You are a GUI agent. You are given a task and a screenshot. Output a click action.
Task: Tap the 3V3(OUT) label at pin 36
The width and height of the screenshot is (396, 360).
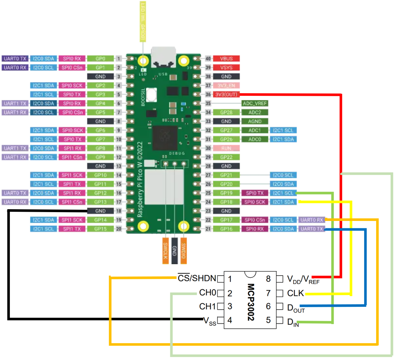(226, 94)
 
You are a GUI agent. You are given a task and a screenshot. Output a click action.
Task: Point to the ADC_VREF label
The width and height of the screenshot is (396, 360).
(255, 103)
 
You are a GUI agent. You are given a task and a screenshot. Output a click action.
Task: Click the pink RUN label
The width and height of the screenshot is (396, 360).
(226, 148)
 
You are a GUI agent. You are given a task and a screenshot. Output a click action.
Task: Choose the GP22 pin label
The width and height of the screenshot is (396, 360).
(226, 157)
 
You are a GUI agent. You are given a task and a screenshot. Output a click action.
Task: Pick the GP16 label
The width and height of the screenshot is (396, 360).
(226, 229)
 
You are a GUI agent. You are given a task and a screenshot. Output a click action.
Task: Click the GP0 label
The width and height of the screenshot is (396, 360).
(100, 59)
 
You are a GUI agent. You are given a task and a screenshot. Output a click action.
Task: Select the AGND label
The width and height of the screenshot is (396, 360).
(255, 121)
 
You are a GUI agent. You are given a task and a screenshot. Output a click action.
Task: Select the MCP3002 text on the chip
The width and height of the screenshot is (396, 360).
(251, 302)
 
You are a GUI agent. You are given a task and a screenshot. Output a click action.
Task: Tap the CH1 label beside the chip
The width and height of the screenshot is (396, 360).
(207, 306)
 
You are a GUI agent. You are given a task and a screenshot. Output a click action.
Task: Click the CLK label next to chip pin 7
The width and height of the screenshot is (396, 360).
(295, 294)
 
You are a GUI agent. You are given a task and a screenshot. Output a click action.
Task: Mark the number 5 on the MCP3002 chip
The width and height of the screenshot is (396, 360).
(268, 320)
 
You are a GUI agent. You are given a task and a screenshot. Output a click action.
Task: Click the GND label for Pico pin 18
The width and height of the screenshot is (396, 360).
(100, 211)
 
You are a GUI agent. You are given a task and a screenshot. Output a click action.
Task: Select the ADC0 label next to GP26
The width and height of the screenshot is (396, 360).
(255, 139)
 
